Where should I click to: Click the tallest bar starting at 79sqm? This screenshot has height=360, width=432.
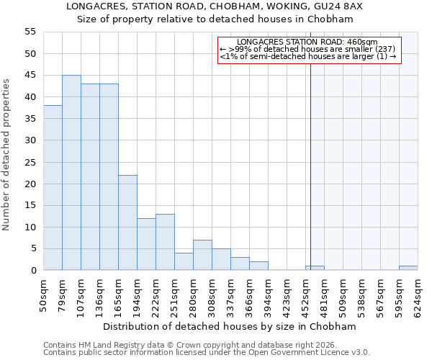71,173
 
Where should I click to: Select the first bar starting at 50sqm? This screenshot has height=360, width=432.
53,188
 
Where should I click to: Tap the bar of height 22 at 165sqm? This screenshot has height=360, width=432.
127,222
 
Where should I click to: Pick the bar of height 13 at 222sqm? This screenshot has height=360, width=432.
165,242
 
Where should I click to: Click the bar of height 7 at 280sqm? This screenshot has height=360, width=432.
202,255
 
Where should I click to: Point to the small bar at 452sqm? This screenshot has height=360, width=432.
315,268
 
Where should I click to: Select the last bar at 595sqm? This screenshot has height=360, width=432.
408,268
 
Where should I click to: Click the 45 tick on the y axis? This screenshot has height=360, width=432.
30,76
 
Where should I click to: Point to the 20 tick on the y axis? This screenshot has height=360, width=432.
30,184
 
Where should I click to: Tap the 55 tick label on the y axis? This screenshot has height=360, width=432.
30,32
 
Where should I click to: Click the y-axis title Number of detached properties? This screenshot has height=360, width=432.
7,155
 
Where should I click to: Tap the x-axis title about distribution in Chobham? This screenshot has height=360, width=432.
230,326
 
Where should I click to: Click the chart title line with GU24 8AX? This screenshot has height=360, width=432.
230,6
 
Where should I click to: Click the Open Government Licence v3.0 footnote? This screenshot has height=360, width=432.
207,353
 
